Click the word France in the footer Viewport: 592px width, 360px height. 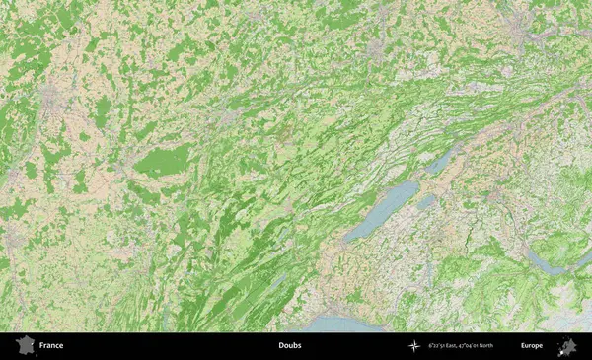point(51,346)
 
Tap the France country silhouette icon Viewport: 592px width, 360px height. point(22,346)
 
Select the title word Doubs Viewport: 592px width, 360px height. point(289,346)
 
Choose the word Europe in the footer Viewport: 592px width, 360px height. point(532,346)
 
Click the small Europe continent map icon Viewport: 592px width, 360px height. point(567,346)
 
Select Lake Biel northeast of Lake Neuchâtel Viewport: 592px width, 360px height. point(442,160)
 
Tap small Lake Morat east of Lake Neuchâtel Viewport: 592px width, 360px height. point(426,202)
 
